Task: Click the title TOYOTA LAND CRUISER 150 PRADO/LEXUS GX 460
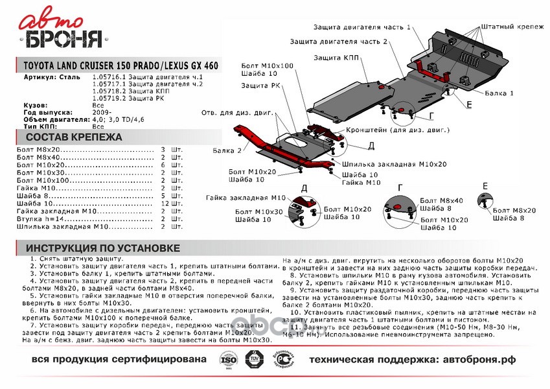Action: point(120,66)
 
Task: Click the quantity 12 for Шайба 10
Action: point(165,205)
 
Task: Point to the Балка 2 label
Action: point(229,150)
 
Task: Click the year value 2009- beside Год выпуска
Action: point(101,112)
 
